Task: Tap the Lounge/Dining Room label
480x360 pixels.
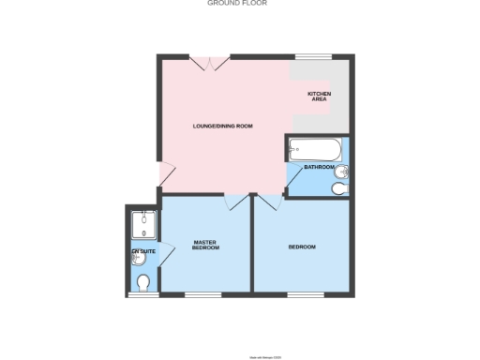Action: point(222,126)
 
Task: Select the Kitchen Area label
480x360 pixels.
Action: point(320,97)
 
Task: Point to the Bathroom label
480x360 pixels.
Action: point(319,167)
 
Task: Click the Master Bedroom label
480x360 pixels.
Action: point(205,246)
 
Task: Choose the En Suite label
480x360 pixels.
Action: point(142,251)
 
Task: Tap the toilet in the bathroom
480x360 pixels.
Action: point(338,189)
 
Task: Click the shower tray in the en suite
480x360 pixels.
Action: point(143,223)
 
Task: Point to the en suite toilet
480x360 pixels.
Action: point(143,282)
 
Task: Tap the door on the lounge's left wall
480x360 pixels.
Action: point(164,173)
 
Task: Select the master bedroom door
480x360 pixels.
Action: point(234,202)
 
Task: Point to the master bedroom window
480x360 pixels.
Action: point(202,295)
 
